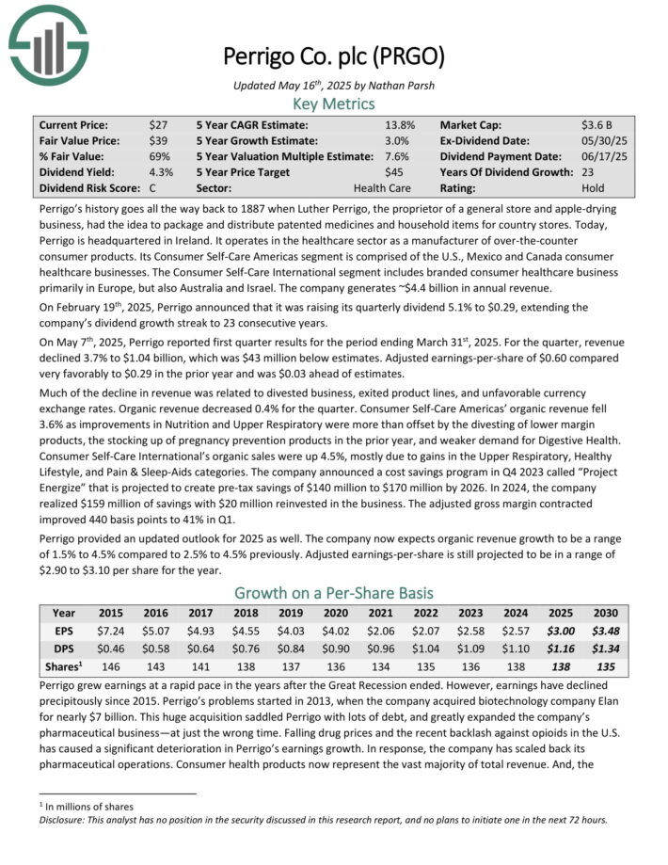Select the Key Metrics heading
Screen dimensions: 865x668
[334, 104]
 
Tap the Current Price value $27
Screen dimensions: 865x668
[158, 124]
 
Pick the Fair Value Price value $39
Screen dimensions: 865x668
[158, 140]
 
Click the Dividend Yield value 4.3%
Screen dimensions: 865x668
[160, 172]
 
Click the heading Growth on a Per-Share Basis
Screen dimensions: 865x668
[334, 593]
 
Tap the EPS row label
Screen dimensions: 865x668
[65, 630]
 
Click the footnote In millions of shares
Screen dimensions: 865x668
[82, 806]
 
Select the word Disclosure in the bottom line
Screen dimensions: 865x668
[56, 819]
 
